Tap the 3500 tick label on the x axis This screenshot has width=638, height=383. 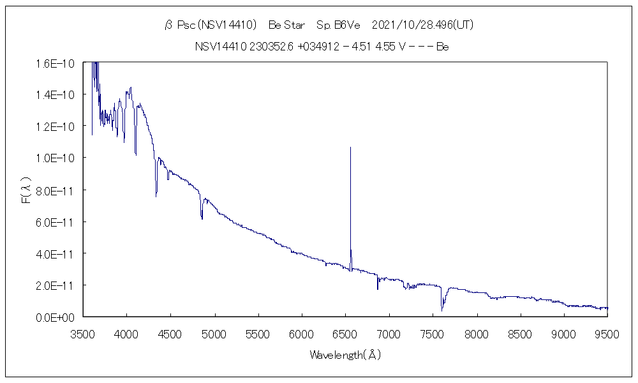click(x=83, y=333)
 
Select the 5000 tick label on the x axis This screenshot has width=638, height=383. click(x=214, y=333)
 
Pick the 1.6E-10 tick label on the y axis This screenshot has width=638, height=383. click(x=56, y=63)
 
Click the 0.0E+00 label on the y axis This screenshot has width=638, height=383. click(x=56, y=317)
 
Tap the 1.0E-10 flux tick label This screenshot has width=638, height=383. click(x=56, y=158)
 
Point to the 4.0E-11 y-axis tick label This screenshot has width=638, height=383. click(x=56, y=253)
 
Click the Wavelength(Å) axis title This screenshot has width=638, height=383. click(x=345, y=354)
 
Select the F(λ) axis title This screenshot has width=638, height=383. click(x=26, y=190)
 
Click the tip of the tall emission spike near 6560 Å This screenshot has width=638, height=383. click(x=350, y=147)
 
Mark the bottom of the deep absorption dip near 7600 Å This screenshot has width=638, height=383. click(x=441, y=311)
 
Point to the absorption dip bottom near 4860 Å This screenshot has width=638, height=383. click(x=202, y=219)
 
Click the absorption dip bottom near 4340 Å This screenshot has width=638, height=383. click(x=156, y=197)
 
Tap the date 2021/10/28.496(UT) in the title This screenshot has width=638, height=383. click(x=422, y=26)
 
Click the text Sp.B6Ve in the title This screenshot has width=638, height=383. click(x=338, y=26)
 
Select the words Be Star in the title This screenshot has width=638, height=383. click(x=287, y=26)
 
